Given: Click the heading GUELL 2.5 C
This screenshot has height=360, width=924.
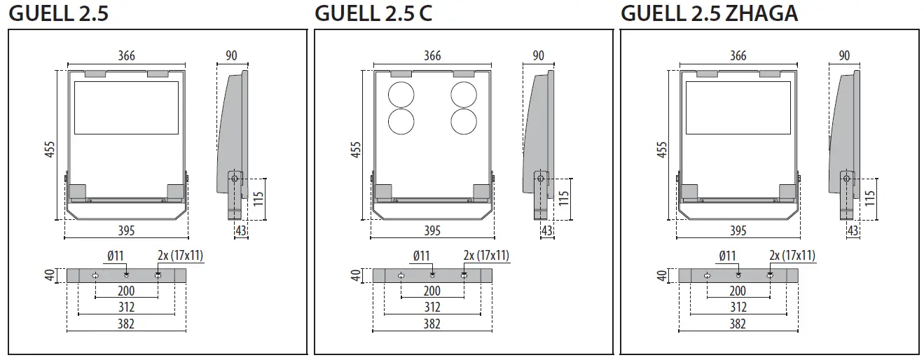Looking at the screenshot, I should [x=373, y=13].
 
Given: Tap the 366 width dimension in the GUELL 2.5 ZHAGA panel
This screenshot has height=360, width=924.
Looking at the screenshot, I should [x=738, y=56].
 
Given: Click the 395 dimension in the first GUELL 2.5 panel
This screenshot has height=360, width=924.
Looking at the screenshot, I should [x=126, y=230].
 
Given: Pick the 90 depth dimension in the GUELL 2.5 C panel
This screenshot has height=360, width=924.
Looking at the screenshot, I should [x=539, y=56].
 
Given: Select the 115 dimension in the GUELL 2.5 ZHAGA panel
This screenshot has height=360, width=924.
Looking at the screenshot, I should [x=870, y=198].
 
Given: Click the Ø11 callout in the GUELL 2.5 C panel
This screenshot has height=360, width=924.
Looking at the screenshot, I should [x=421, y=256].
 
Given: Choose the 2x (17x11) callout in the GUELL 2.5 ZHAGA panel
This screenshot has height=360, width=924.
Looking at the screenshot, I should [x=792, y=256].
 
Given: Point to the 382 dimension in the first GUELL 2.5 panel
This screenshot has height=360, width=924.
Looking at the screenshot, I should [x=126, y=324].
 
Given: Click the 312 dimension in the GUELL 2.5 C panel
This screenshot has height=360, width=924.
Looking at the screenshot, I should [x=432, y=307].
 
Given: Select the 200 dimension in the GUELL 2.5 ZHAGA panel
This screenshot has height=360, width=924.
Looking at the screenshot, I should [x=738, y=291].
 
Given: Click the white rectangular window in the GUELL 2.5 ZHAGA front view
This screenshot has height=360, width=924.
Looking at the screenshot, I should [x=738, y=108].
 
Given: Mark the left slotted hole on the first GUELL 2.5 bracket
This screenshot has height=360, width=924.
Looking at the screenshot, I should [x=95, y=275].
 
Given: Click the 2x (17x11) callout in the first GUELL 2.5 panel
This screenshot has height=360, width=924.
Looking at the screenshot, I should [x=180, y=256].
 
